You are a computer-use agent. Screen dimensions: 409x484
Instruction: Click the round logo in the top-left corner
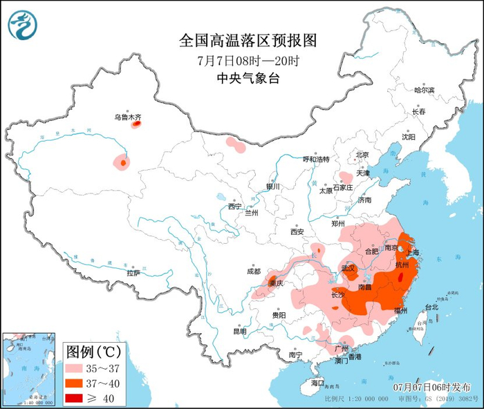click(22, 24)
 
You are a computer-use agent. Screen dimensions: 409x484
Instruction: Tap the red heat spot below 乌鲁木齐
click(136, 125)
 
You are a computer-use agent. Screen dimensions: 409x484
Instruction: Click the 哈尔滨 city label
click(424, 91)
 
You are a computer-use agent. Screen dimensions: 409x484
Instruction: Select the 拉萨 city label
click(133, 273)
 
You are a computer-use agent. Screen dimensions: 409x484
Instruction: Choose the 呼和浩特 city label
click(319, 159)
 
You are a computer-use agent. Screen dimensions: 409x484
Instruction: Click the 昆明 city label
click(239, 331)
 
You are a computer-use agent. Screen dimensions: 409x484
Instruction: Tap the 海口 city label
click(317, 382)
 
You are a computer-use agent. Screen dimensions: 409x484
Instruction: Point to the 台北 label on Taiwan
click(431, 307)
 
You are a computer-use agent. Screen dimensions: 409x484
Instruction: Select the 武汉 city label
click(348, 267)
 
